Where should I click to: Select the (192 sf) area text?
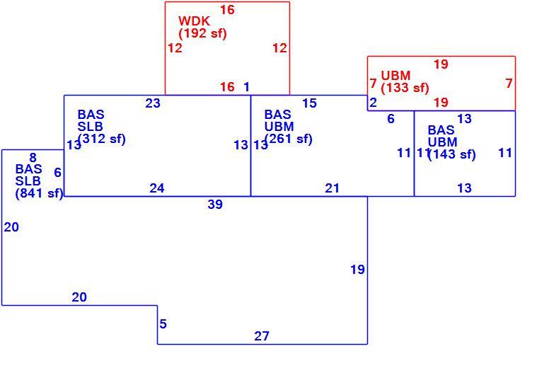pyautogui.click(x=203, y=34)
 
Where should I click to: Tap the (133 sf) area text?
pyautogui.click(x=405, y=88)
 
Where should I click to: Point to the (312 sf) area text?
pyautogui.click(x=102, y=139)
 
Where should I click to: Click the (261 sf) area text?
pyautogui.click(x=289, y=139)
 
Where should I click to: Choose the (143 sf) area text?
pyautogui.click(x=452, y=154)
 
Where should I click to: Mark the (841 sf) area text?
pyautogui.click(x=39, y=193)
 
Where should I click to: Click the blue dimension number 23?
pyautogui.click(x=153, y=103)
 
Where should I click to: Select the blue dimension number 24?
pyautogui.click(x=157, y=188)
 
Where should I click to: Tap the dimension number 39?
pyautogui.click(x=215, y=205)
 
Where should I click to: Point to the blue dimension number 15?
pyautogui.click(x=309, y=103)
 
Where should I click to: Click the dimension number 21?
pyautogui.click(x=333, y=188)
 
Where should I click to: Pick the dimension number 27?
pyautogui.click(x=262, y=336)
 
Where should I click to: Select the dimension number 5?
pyautogui.click(x=163, y=324)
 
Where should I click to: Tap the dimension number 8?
pyautogui.click(x=33, y=158)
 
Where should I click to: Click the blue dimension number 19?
pyautogui.click(x=358, y=270)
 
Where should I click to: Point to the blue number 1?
pyautogui.click(x=247, y=87)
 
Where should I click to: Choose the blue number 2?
pyautogui.click(x=374, y=103)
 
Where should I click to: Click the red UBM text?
pyautogui.click(x=395, y=76)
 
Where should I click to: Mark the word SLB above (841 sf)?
pyautogui.click(x=28, y=181)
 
